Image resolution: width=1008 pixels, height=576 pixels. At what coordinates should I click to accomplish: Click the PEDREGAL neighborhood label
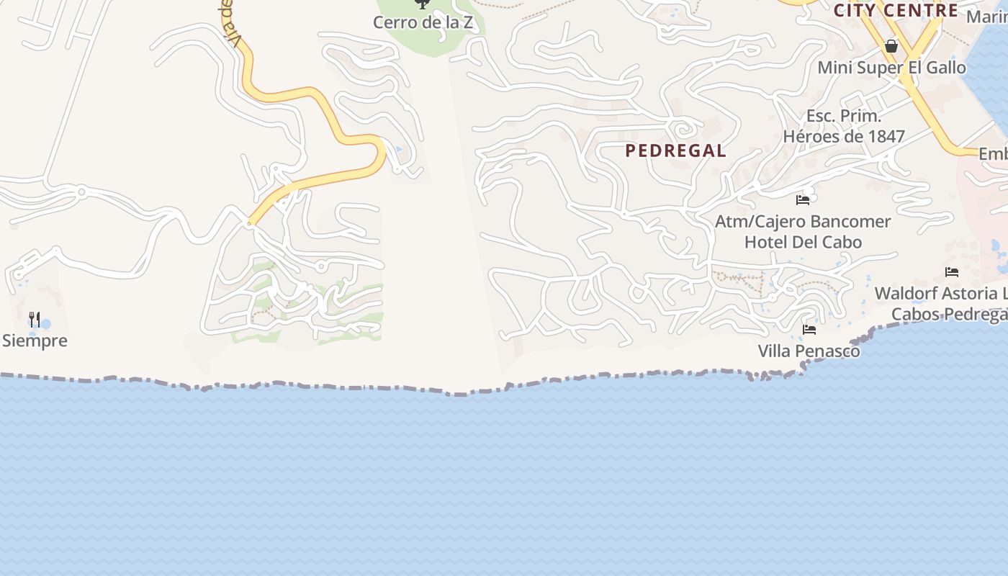tap(675, 150)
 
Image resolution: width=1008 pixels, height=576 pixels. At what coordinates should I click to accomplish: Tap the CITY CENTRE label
tap(896, 10)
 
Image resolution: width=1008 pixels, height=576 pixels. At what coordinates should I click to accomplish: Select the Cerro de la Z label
tap(423, 22)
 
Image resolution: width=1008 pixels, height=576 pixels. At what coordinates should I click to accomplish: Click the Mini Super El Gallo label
tap(891, 68)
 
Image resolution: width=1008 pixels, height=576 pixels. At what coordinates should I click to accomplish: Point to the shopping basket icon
tap(891, 47)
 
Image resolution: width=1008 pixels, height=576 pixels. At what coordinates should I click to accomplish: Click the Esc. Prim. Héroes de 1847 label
tap(844, 126)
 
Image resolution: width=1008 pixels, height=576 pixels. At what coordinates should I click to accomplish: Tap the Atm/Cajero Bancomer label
tap(803, 222)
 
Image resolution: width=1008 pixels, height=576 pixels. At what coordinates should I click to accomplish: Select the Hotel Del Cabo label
tap(803, 242)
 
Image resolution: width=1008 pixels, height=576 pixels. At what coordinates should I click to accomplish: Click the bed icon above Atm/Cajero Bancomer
tap(803, 199)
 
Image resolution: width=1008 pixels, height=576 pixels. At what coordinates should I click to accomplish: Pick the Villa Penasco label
tap(809, 351)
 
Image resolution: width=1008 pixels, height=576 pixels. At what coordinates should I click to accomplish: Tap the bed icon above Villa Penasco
tap(809, 330)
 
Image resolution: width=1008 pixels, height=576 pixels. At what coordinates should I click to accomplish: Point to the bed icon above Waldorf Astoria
tap(952, 272)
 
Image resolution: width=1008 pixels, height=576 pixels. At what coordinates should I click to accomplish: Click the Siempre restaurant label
tap(35, 341)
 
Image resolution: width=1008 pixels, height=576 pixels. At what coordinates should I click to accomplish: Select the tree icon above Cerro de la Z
tap(423, 4)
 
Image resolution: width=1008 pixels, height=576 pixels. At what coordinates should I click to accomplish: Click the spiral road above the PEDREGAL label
tap(681, 130)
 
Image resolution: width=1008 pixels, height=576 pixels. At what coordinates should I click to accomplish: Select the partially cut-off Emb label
tap(994, 154)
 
